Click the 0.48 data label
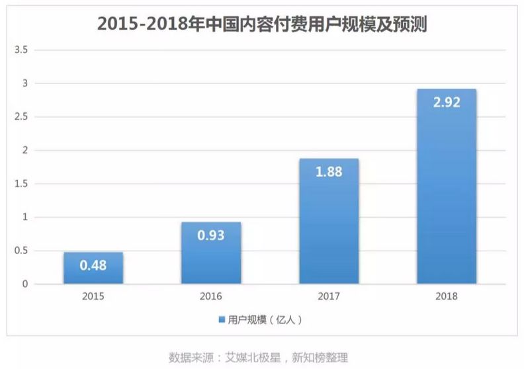(x=93, y=266)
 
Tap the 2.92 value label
(x=447, y=102)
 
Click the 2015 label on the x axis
(x=93, y=296)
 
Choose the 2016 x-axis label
(x=211, y=296)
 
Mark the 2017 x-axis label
(x=329, y=296)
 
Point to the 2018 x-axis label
(x=447, y=296)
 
